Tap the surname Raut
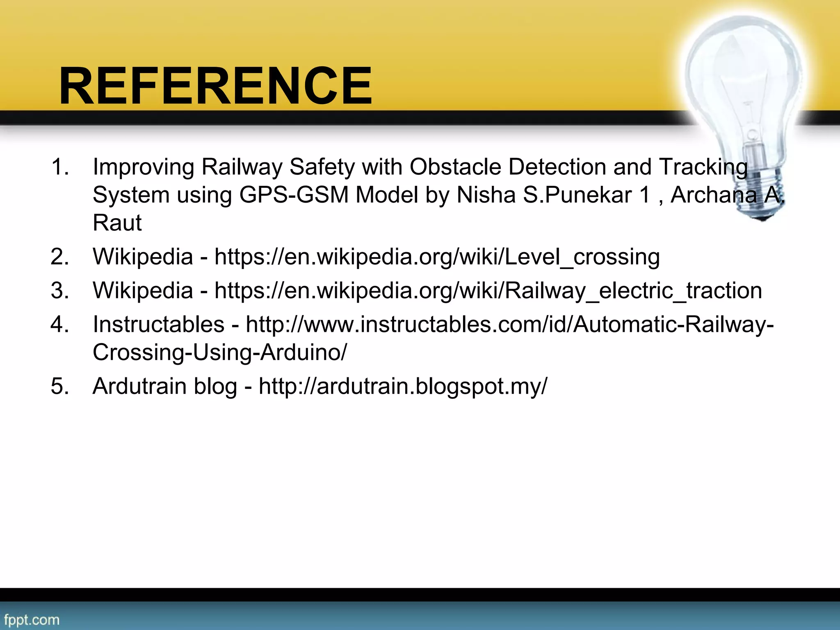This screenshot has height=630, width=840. [x=117, y=223]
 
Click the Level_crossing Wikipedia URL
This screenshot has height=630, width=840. [x=437, y=257]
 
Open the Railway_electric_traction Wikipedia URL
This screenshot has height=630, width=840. [x=488, y=291]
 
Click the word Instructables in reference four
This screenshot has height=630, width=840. [x=158, y=324]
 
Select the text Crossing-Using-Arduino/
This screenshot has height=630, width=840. [x=219, y=352]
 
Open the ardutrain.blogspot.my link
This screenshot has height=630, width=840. [x=403, y=386]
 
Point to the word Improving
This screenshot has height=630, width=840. [x=144, y=167]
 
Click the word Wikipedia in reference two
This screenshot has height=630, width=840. [x=143, y=257]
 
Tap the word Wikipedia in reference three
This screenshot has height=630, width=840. [x=143, y=291]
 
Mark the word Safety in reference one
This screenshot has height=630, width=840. [x=322, y=167]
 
